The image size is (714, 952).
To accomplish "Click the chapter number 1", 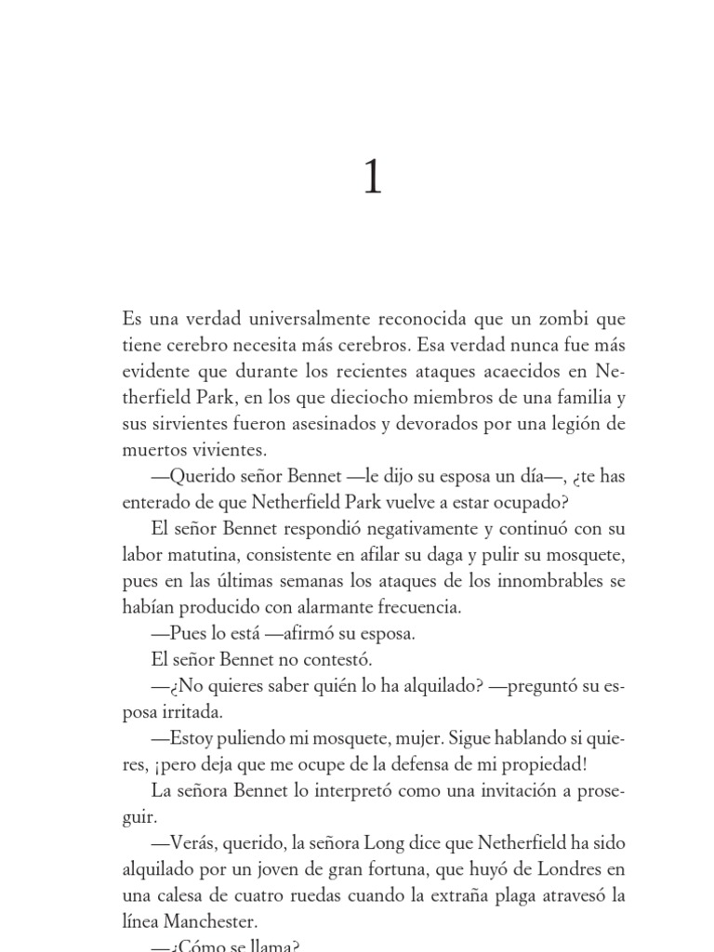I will point(372,176).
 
